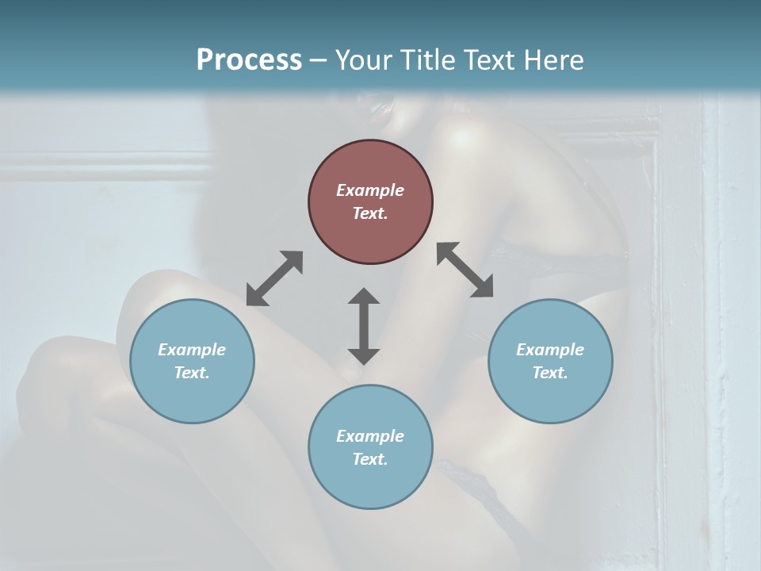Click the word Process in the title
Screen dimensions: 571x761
[x=249, y=59]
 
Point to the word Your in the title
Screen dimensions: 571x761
[x=361, y=59]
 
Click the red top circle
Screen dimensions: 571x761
[x=370, y=201]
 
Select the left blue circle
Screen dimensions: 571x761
[x=192, y=361]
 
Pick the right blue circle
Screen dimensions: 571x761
[x=550, y=361]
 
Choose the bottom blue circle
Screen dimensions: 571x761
[x=370, y=447]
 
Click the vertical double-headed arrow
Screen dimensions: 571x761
[x=364, y=326]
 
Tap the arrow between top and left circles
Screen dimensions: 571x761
[x=274, y=278]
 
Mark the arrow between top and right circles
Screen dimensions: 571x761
[x=465, y=270]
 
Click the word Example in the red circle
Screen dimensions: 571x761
[x=370, y=190]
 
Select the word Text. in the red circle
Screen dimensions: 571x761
[x=370, y=213]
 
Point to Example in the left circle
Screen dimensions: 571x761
[x=192, y=350]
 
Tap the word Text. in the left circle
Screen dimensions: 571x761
[x=192, y=373]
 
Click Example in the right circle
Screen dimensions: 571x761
[x=550, y=350]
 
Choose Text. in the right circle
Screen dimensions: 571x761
[x=550, y=373]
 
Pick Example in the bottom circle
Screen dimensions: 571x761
[x=370, y=436]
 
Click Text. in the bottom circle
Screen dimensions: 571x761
[x=370, y=459]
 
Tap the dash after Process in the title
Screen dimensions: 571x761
[x=319, y=60]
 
